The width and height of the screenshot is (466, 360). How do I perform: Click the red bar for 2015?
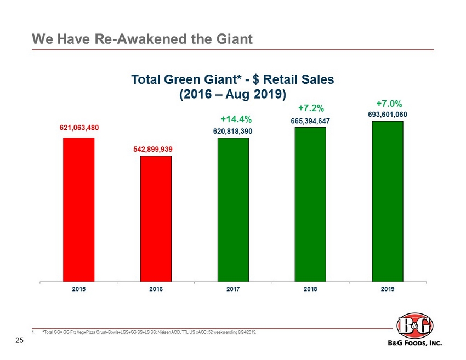(x=79, y=209)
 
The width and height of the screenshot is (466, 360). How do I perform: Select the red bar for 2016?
(x=156, y=218)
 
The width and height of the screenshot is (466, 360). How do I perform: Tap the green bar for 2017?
(x=233, y=209)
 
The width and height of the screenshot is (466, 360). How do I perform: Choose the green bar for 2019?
(x=388, y=201)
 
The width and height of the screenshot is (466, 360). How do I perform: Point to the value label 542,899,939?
(x=156, y=148)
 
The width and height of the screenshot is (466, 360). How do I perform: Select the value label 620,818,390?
(x=233, y=132)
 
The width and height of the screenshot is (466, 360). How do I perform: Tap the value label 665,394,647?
(x=310, y=121)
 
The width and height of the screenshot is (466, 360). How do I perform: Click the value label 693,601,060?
(x=388, y=114)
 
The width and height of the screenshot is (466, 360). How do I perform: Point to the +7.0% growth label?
(x=389, y=102)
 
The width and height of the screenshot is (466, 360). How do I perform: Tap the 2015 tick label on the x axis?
(x=79, y=289)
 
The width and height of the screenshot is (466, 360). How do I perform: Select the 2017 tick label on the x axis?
(x=233, y=289)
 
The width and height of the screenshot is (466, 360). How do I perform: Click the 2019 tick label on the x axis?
(x=388, y=289)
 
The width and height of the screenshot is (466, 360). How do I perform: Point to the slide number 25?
(x=19, y=341)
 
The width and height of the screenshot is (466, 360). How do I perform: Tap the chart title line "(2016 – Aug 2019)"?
(x=233, y=94)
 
